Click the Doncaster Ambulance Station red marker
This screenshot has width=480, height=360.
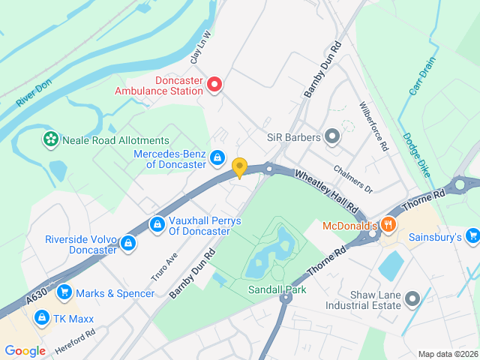coord(214,85)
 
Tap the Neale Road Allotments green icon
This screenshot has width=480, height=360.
coord(50,139)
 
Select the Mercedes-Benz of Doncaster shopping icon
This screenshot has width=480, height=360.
coord(217,157)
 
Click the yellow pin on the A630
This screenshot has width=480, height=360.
coord(239,168)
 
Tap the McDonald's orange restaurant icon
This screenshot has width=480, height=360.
coord(388,224)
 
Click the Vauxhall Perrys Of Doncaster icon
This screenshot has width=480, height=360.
coord(157,224)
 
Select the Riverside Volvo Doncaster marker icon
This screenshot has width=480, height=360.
coord(128,243)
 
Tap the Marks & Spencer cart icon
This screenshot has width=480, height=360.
coord(64,292)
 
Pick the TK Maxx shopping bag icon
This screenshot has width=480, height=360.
coord(41,317)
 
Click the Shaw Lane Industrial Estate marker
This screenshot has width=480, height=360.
coord(412,299)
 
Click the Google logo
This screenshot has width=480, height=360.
coord(25,350)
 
